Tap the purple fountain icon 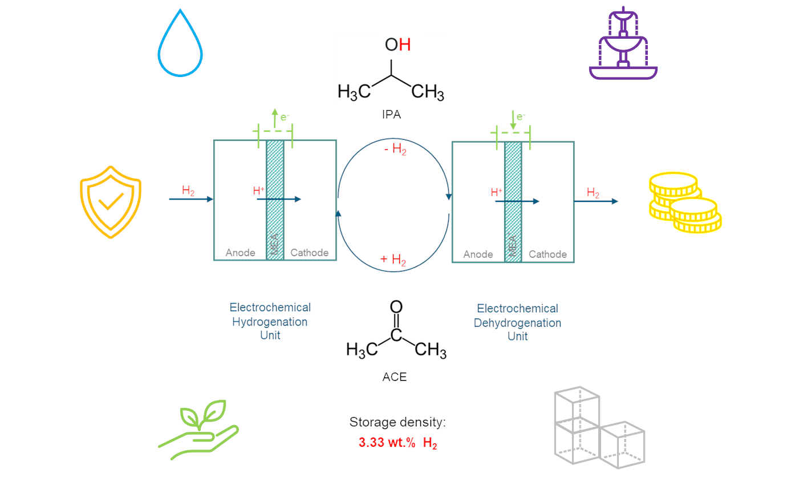point(623,43)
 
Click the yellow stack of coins point(684,203)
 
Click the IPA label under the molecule point(391,115)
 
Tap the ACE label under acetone point(395,377)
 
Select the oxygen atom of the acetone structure point(396,308)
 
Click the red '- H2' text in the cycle point(394,151)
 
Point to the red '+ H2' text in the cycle point(393,261)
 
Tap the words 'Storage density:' point(397,423)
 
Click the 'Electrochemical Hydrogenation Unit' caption point(270,321)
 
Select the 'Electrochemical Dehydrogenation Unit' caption point(517,322)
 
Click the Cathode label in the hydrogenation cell point(309,252)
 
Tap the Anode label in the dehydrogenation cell point(478,254)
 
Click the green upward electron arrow point(275,117)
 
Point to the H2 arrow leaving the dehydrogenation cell point(595,201)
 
